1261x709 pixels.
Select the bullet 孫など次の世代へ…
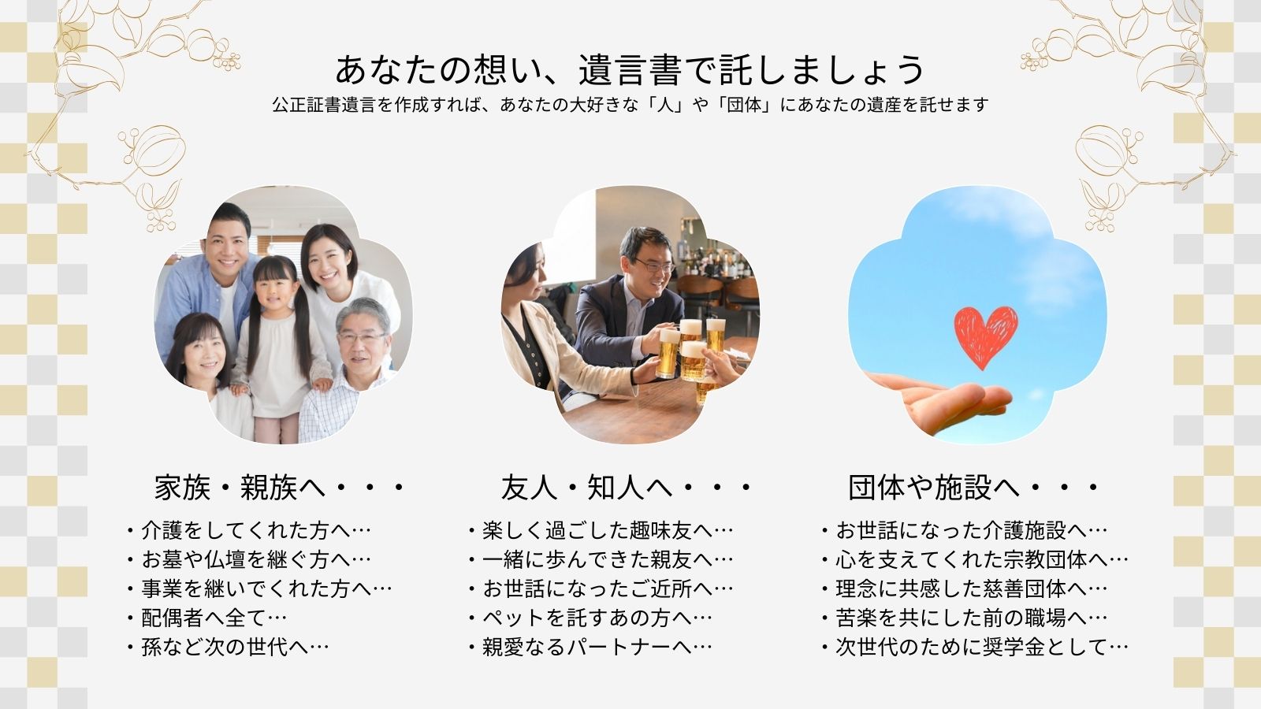(x=228, y=647)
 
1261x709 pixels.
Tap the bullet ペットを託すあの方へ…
(x=590, y=618)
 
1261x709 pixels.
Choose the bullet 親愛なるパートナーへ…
(x=590, y=647)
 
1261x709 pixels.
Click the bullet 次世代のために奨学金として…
(x=974, y=647)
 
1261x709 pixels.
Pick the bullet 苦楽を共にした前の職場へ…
(x=964, y=618)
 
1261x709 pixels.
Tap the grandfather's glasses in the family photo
(x=362, y=338)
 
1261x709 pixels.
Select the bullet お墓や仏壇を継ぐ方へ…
(x=248, y=559)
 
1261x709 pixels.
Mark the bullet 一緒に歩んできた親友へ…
(x=601, y=559)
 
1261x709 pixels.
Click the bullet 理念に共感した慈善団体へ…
(x=964, y=588)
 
